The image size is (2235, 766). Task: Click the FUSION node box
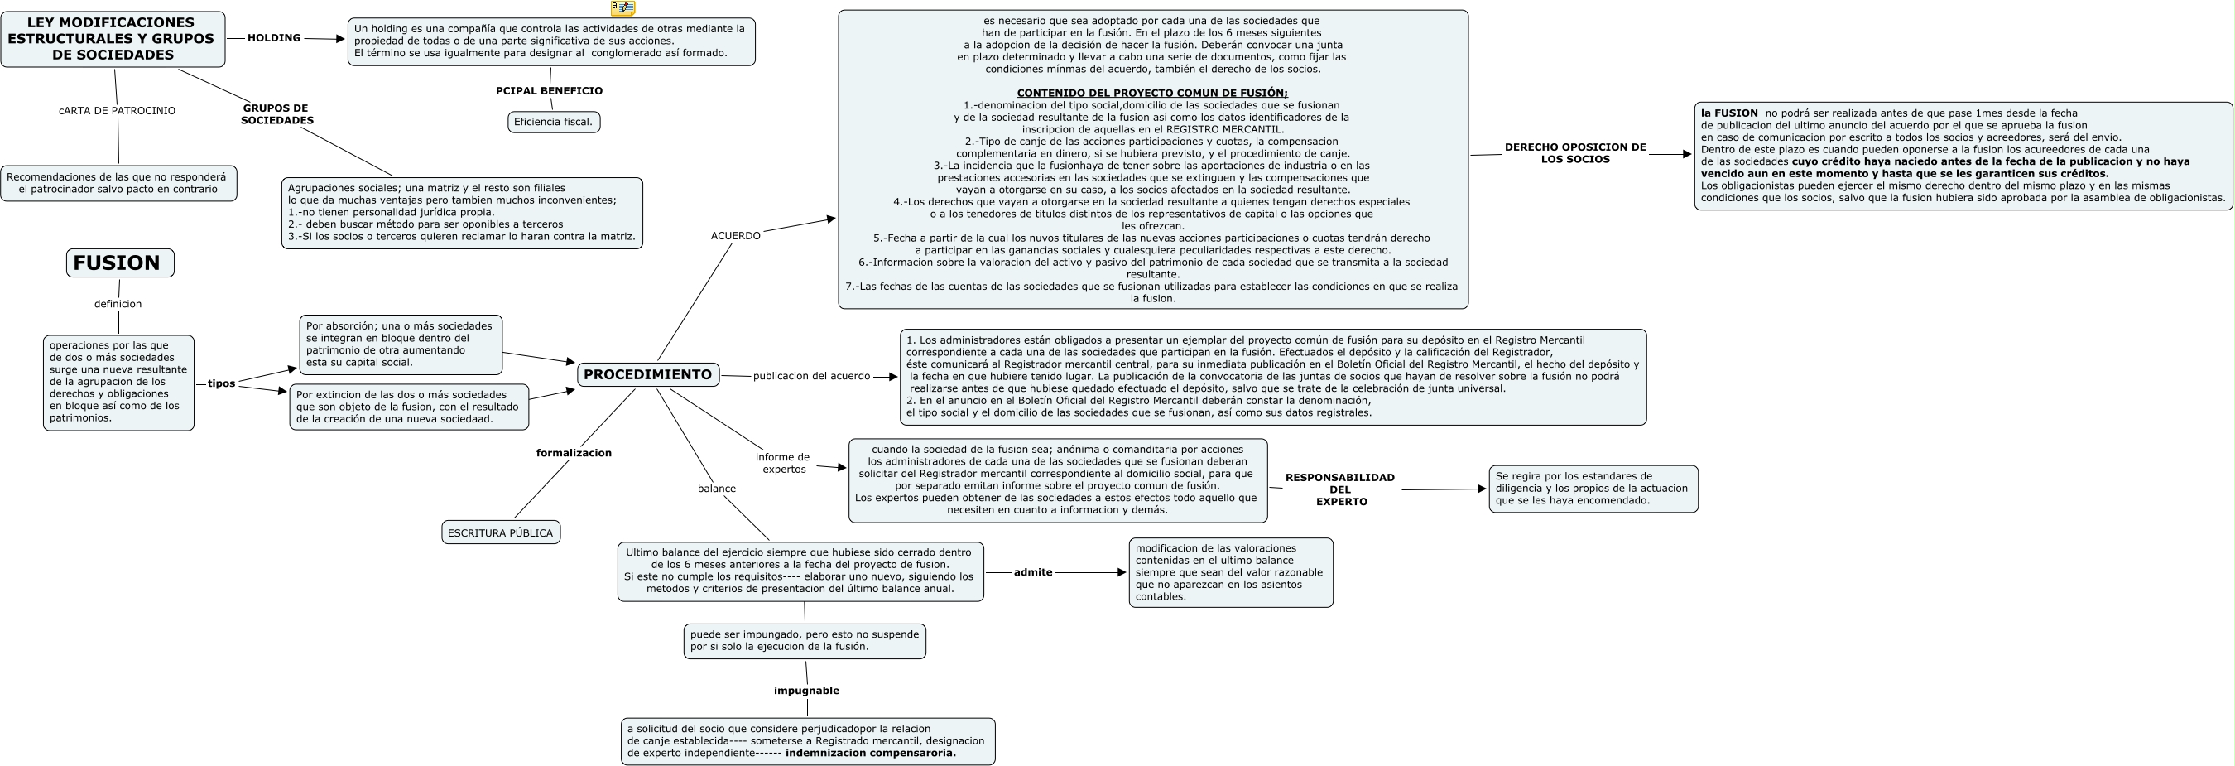(120, 263)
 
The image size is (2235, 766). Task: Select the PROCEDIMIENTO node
(647, 375)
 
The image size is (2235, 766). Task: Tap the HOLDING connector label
(274, 38)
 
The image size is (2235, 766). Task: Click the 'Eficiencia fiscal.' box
(554, 123)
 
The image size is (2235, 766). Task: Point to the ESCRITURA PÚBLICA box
(501, 532)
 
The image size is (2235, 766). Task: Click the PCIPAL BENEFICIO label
(549, 90)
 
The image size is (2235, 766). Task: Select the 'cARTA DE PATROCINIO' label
(117, 111)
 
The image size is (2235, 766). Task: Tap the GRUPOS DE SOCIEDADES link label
(276, 114)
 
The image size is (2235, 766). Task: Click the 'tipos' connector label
(221, 383)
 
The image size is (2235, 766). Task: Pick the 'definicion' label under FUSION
(118, 304)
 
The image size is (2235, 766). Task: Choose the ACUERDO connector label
(736, 236)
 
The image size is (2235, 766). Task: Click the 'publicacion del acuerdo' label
(811, 377)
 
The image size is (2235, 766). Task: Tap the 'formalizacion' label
(574, 453)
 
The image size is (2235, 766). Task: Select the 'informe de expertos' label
(783, 463)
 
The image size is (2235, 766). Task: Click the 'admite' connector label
(1033, 572)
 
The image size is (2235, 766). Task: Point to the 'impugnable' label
(807, 691)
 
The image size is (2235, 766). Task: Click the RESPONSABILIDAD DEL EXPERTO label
(1340, 489)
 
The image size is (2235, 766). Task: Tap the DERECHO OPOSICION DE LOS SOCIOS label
(1575, 153)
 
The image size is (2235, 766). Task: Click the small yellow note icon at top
(623, 7)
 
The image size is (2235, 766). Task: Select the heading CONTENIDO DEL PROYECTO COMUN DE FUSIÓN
(1152, 93)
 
